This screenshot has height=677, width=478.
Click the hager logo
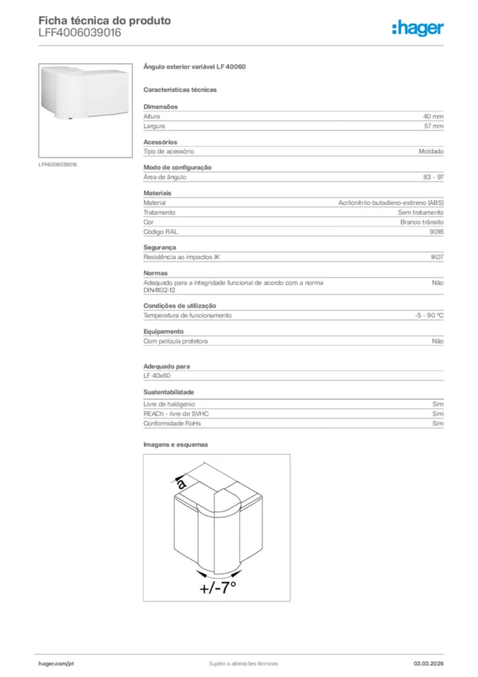417,28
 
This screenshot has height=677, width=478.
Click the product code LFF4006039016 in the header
79,32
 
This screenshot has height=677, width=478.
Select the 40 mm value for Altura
433,116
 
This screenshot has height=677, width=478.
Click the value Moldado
430,151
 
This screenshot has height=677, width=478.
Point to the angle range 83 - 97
433,177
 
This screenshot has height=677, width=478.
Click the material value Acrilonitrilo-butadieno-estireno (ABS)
391,203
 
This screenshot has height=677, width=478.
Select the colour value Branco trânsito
422,222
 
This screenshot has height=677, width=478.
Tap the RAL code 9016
436,232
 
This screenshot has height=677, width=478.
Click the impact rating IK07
436,257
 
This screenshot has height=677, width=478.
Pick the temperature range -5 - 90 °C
425,315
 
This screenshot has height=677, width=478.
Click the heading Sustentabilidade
168,392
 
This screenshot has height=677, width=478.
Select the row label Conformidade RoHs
172,423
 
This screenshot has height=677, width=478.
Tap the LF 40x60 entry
156,376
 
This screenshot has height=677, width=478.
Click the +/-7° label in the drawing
217,587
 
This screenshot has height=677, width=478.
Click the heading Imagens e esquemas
176,444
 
